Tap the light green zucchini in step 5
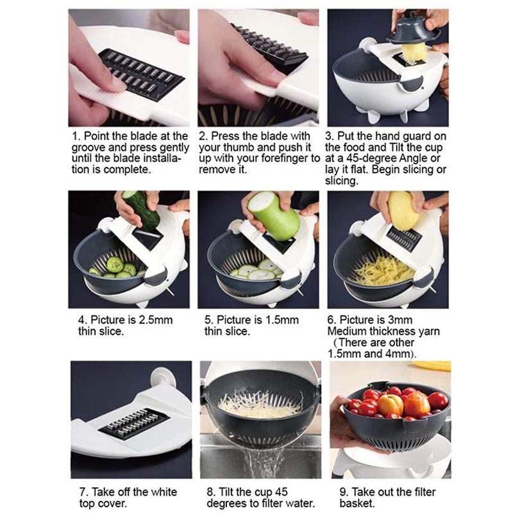276,215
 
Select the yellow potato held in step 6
403,210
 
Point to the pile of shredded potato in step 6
383,270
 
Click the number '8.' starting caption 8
212,492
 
